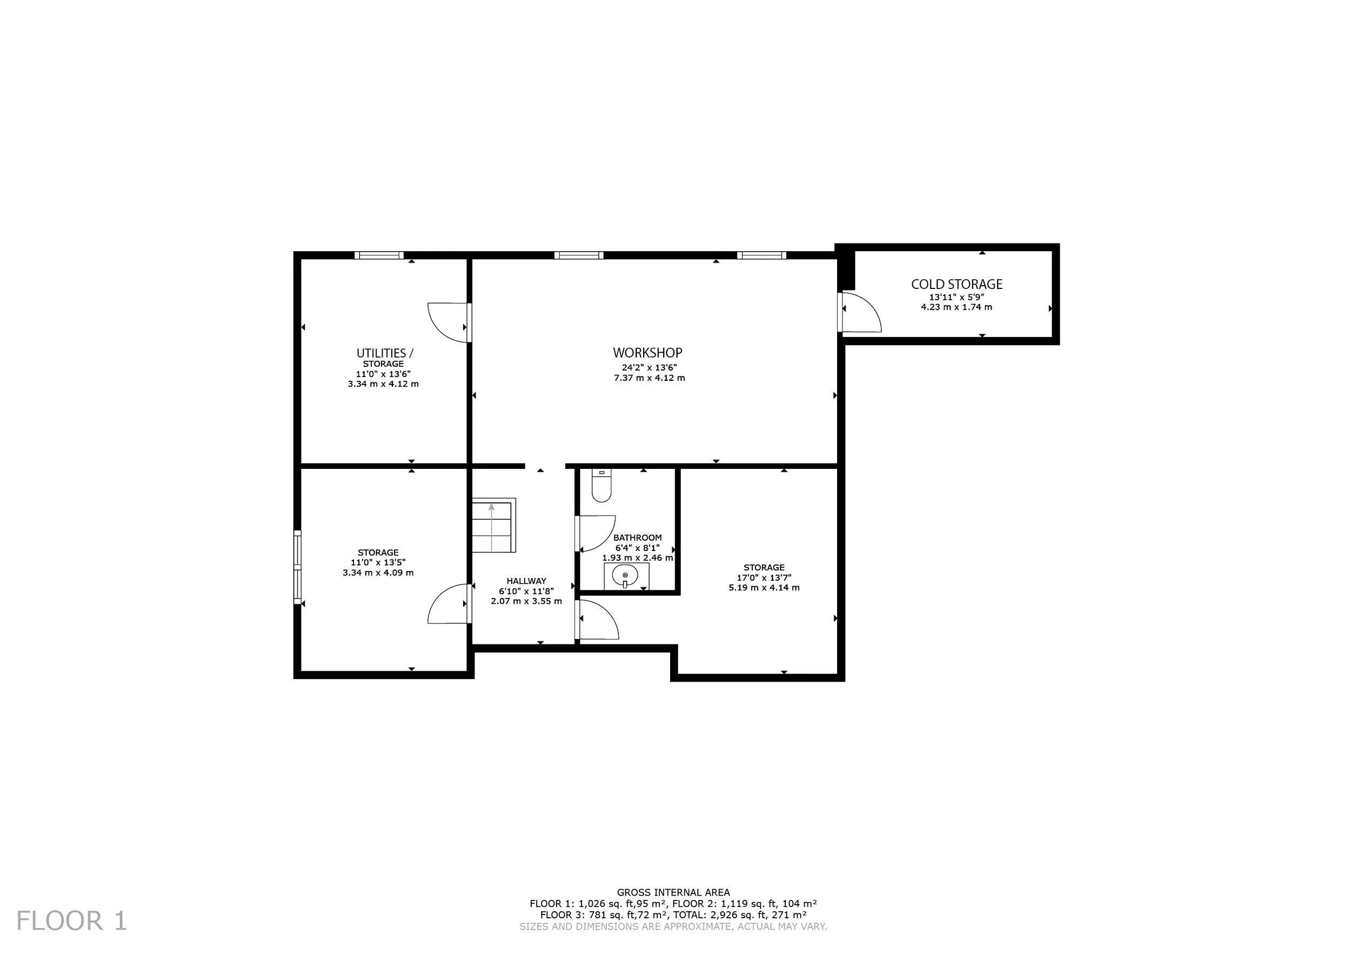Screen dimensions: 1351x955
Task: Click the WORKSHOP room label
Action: pos(647,353)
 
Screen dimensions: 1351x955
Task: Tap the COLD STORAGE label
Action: pos(957,284)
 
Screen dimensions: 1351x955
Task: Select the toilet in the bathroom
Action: pos(601,485)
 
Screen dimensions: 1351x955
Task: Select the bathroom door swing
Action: pos(596,533)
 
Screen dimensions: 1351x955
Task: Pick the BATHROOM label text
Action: pos(637,537)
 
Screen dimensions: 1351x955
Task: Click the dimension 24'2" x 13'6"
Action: pos(649,367)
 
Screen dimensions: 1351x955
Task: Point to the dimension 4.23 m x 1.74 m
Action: pos(956,307)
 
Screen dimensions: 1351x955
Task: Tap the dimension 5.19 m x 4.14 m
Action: pos(764,588)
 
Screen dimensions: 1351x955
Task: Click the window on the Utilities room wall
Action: pos(379,255)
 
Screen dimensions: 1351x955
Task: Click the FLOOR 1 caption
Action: pos(71,921)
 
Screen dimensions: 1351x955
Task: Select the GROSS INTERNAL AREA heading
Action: pos(673,892)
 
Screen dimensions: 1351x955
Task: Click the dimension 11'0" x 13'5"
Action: pos(378,563)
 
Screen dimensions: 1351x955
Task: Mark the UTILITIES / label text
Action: pos(385,353)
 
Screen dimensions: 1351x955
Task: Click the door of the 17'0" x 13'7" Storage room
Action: pos(597,618)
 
